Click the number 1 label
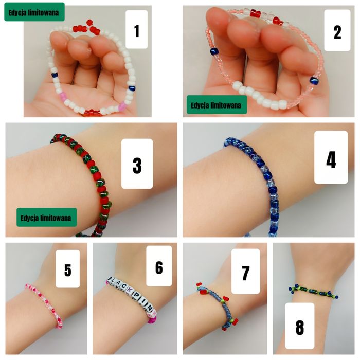click(x=136, y=31)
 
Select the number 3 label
click(x=137, y=164)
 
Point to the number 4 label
click(x=331, y=157)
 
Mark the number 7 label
click(x=245, y=272)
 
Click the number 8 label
click(x=299, y=326)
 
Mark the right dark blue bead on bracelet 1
click(x=132, y=88)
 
